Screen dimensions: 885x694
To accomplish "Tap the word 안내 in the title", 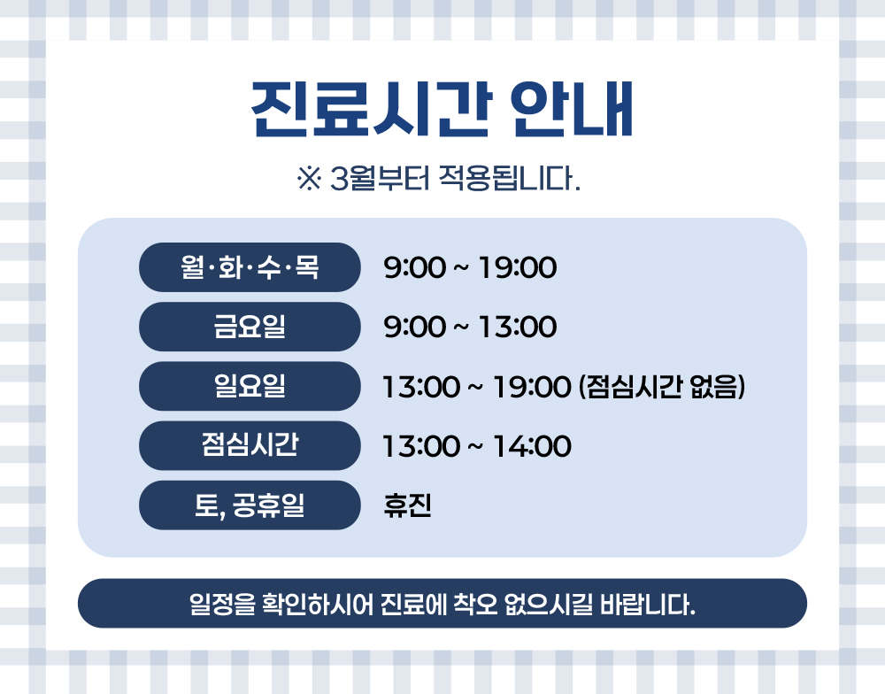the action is (572, 110).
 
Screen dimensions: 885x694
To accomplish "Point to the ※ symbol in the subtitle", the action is (309, 179).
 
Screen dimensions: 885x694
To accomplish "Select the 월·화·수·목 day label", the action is (250, 267).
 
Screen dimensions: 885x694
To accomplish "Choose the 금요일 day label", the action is (250, 327).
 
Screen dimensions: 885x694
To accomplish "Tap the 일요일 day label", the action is (250, 386).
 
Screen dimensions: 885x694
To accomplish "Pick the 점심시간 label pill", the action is (250, 445).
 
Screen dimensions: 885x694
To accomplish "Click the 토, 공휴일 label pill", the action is (250, 505).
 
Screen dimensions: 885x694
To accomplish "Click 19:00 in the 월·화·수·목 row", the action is (518, 267).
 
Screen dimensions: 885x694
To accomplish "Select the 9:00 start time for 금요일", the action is (415, 327).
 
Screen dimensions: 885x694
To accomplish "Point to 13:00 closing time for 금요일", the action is (518, 327).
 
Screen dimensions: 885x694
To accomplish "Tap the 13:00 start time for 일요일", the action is (421, 388).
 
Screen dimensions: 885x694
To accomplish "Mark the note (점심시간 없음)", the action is (662, 387).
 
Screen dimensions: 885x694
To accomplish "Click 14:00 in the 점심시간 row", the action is (532, 446).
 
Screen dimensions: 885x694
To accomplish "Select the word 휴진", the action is (407, 505).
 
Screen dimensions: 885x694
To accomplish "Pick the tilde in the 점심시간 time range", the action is (476, 447).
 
